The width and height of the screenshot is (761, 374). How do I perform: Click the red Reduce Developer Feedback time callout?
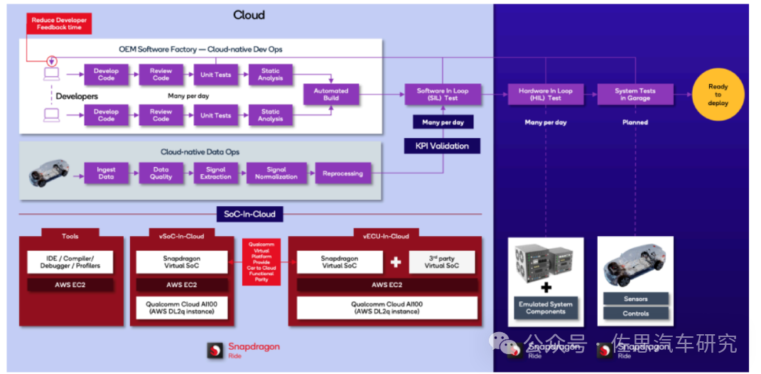(59, 23)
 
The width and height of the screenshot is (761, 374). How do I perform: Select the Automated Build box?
(331, 95)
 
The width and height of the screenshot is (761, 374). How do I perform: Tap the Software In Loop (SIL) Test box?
(442, 95)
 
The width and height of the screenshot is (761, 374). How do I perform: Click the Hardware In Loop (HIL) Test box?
(545, 95)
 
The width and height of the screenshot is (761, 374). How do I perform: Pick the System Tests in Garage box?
(635, 95)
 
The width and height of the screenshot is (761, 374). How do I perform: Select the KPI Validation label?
(442, 146)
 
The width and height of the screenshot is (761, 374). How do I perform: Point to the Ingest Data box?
(106, 173)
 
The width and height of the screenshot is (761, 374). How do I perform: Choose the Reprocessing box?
(342, 173)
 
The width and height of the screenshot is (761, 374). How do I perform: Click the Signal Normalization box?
(276, 173)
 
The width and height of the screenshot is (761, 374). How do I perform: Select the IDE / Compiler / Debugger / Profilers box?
(70, 262)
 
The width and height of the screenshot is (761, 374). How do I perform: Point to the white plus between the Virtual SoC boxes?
(396, 262)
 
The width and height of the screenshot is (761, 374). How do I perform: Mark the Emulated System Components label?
(546, 308)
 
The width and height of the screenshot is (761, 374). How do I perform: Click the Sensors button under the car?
(635, 299)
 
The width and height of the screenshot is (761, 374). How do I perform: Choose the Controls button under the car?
(635, 314)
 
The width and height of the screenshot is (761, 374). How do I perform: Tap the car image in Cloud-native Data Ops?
(50, 173)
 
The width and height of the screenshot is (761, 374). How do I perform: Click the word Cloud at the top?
(249, 15)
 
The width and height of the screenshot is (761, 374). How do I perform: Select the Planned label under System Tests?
(635, 122)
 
